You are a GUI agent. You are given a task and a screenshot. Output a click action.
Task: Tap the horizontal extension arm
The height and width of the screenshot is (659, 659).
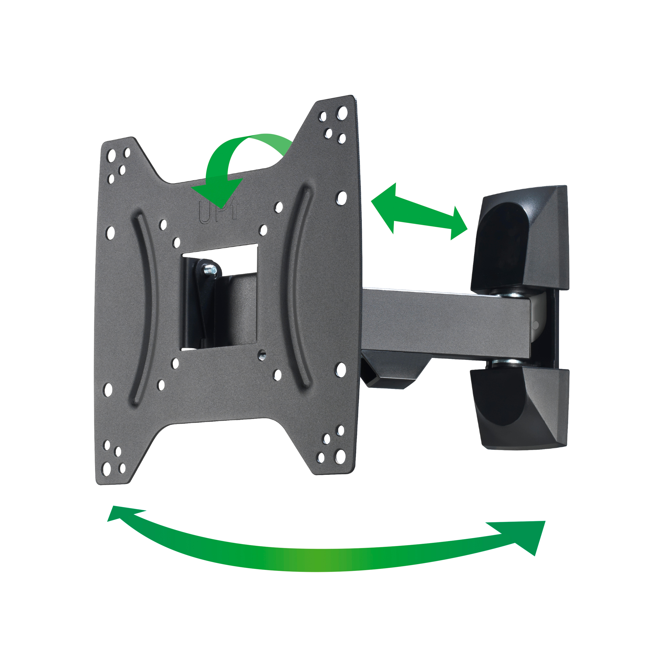click(x=443, y=322)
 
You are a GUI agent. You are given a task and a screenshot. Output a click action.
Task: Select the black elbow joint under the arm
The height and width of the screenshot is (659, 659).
click(x=392, y=372)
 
